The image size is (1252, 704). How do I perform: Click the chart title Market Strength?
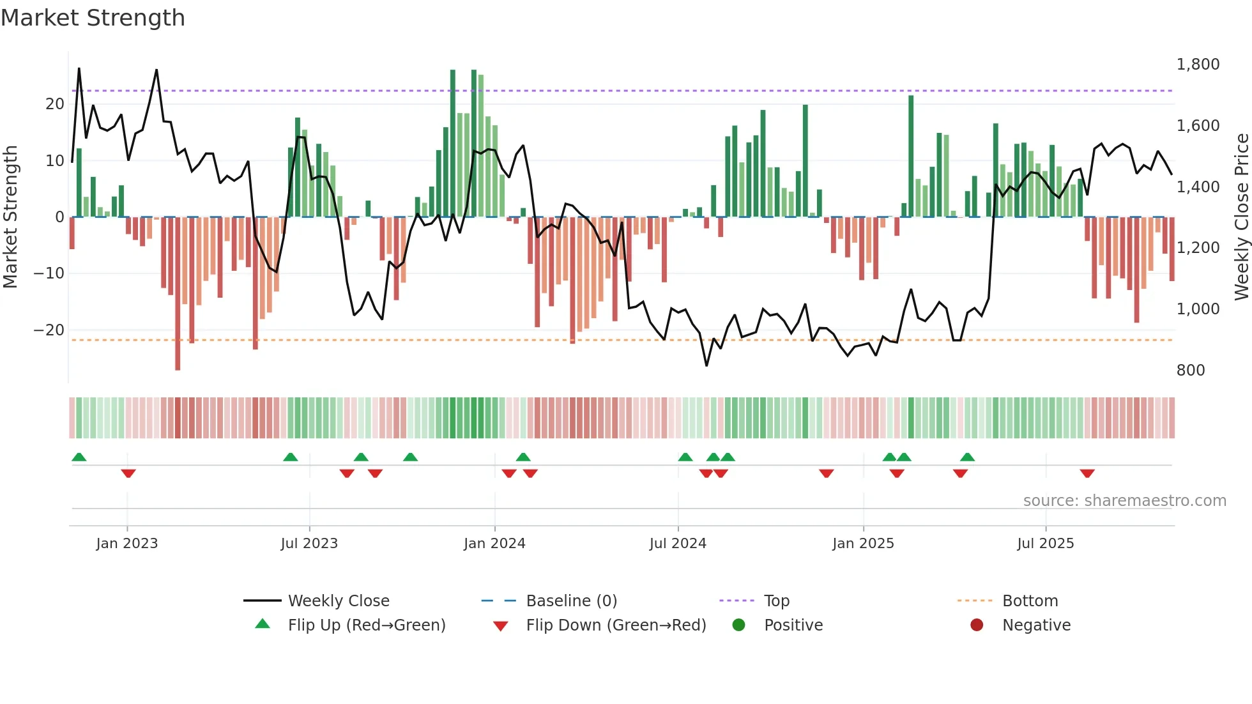click(x=93, y=18)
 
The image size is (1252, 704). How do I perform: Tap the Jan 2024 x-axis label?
click(x=494, y=544)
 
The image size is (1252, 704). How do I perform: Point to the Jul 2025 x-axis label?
click(x=1046, y=544)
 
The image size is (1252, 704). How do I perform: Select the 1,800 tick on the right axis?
click(x=1198, y=65)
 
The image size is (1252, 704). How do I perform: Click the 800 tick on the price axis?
click(x=1191, y=371)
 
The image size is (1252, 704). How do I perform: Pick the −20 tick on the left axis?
click(x=49, y=330)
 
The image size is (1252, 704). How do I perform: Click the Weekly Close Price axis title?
click(x=1241, y=217)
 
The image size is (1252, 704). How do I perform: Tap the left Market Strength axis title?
click(x=11, y=217)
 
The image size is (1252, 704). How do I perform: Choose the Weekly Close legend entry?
click(x=338, y=601)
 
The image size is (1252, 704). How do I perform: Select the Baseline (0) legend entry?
click(x=571, y=601)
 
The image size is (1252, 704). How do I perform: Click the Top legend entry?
click(x=776, y=601)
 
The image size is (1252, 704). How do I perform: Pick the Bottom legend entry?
click(x=1030, y=601)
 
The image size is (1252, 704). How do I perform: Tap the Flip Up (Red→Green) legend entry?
click(x=366, y=625)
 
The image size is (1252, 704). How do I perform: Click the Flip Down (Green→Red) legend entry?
click(x=616, y=625)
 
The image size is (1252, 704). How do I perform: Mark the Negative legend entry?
click(x=1035, y=625)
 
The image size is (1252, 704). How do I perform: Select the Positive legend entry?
click(x=793, y=625)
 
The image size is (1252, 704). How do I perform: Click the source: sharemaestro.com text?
click(x=1124, y=501)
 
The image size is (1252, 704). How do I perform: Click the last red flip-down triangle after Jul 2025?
click(x=1087, y=473)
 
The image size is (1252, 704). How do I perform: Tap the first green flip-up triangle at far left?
click(x=79, y=457)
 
